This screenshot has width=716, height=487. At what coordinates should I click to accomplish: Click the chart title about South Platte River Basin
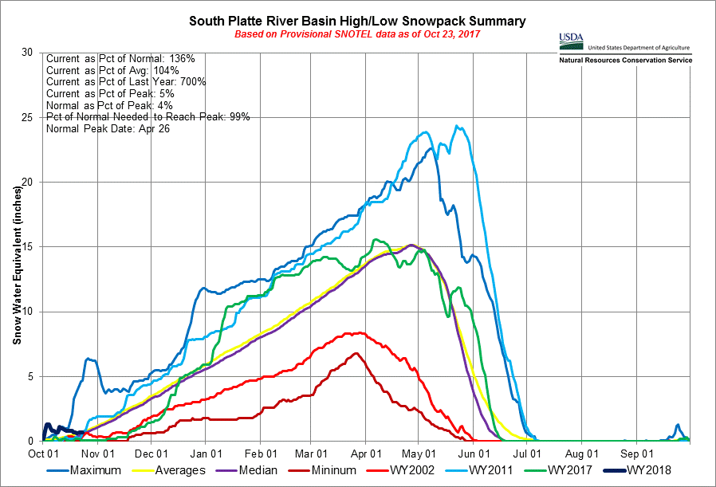tap(357, 20)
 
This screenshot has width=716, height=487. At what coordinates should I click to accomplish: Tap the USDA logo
tap(572, 38)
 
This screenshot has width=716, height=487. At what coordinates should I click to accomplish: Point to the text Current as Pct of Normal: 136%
tap(116, 59)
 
